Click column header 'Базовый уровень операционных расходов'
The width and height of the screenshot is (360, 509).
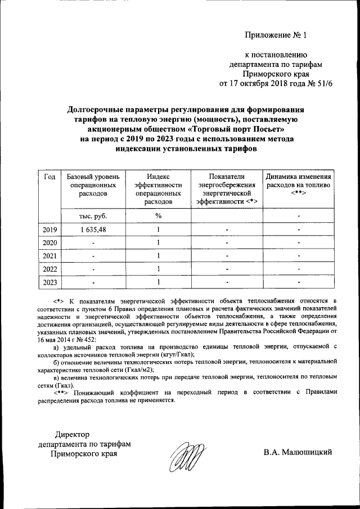pyautogui.click(x=92, y=185)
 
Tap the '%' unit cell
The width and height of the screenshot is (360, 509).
pyautogui.click(x=159, y=216)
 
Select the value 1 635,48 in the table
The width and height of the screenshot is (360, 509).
pyautogui.click(x=93, y=229)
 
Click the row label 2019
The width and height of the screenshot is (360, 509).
pyautogui.click(x=49, y=229)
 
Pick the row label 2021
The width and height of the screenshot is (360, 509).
pyautogui.click(x=49, y=256)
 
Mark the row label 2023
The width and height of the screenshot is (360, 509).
pyautogui.click(x=49, y=282)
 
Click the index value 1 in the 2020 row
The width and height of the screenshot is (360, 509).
pyautogui.click(x=159, y=242)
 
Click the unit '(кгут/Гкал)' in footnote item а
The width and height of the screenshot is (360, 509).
pyautogui.click(x=174, y=355)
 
